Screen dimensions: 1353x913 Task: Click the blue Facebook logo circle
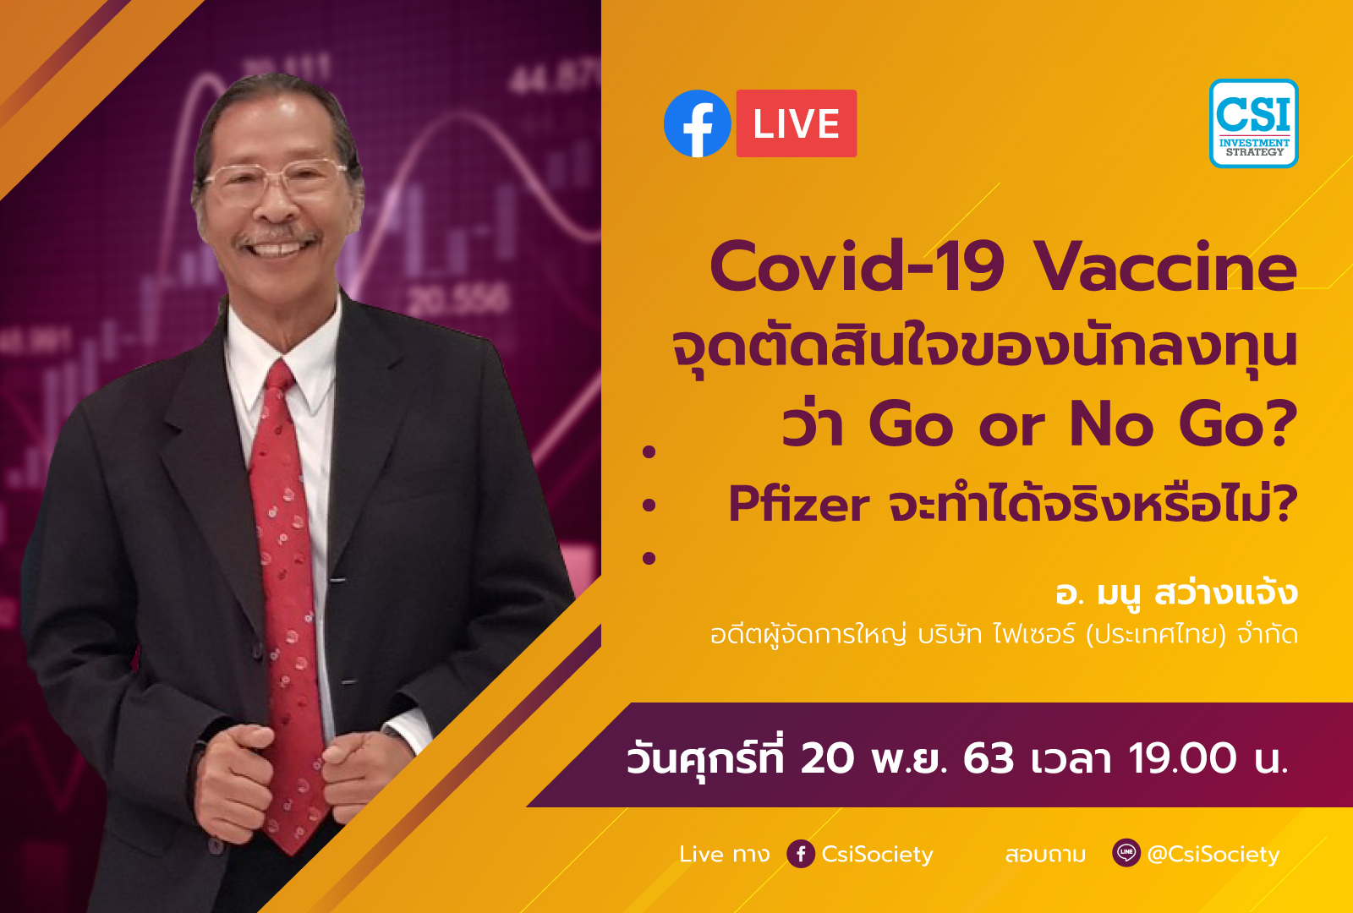pos(697,123)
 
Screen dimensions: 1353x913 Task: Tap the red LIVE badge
pos(796,123)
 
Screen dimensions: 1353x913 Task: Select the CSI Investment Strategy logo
pos(1254,123)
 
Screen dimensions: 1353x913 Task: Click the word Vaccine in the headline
pos(1165,267)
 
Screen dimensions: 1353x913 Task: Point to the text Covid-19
pos(857,266)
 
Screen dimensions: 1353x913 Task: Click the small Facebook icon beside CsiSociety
pos(801,854)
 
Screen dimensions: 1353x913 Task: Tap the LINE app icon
pos(1126,853)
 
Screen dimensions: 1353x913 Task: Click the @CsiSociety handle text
pos(1213,854)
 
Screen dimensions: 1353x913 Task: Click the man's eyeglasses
pos(276,180)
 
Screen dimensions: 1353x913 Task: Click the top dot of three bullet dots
pos(649,451)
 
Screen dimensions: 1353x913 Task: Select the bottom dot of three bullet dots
pos(649,558)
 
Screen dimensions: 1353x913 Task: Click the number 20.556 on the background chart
pos(457,299)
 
